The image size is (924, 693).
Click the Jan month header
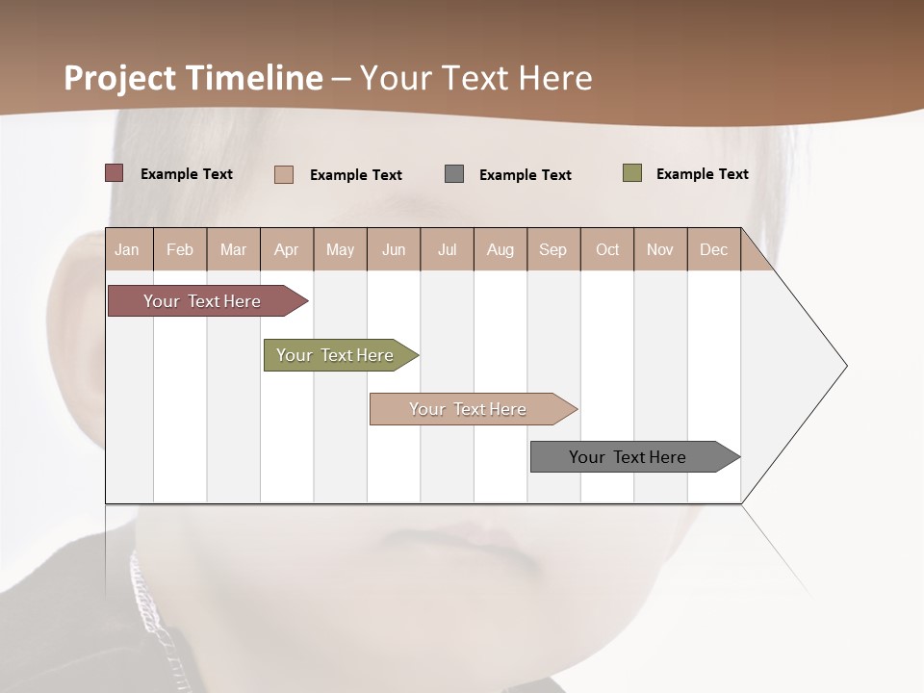point(127,249)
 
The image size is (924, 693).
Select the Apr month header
point(286,249)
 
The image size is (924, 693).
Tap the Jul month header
point(447,249)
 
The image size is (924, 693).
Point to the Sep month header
point(552,249)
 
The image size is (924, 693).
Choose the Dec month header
point(713,249)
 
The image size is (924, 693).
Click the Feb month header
point(180,249)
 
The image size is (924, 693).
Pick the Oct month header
point(607,249)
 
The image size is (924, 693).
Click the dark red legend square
point(115,173)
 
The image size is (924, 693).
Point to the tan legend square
point(284,174)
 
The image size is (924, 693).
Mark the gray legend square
point(454,174)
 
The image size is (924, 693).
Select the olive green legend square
point(632,173)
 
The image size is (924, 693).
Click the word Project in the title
point(121,78)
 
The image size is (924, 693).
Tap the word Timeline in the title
point(254,78)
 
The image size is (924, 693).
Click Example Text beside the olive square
point(702,174)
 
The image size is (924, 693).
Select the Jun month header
point(394,249)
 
